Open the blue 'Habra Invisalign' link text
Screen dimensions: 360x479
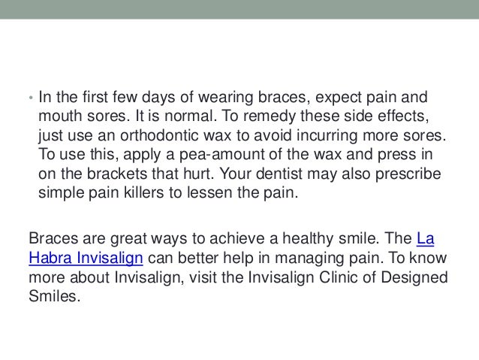[x=84, y=257]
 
